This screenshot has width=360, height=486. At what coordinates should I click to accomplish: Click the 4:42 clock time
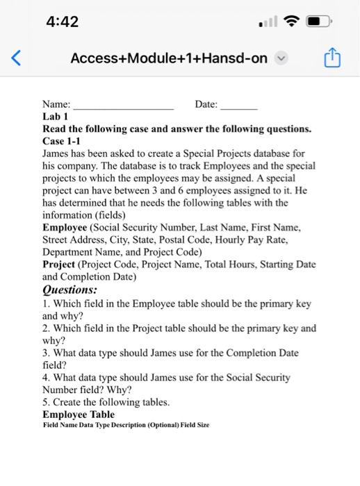(62, 22)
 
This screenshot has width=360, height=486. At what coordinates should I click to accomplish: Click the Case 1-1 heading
(62, 140)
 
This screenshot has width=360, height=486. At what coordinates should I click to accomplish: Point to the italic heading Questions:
(69, 290)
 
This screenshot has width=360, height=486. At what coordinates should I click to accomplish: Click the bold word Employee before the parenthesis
(65, 227)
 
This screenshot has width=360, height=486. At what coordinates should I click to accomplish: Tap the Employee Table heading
(79, 414)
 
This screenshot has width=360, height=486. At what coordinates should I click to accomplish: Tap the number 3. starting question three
(47, 353)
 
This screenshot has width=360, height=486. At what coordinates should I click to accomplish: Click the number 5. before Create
(47, 402)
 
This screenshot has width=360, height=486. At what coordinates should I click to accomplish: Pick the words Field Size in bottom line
(195, 425)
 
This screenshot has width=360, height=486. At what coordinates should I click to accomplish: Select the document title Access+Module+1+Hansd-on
(168, 58)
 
